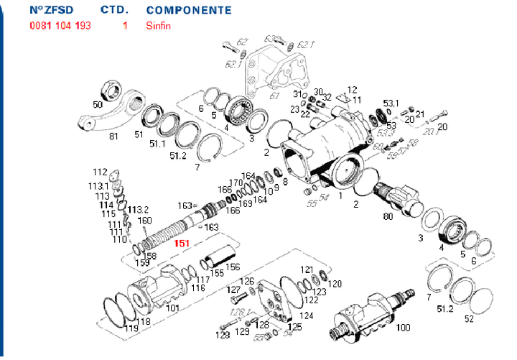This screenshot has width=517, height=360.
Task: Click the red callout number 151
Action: click(x=182, y=244)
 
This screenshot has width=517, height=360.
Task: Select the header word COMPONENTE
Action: click(x=188, y=11)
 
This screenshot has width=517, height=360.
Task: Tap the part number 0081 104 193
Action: click(x=60, y=26)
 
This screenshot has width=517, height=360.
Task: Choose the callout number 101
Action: click(x=173, y=308)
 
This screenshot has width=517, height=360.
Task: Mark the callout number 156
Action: click(x=233, y=267)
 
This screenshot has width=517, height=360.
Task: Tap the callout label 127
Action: click(x=235, y=290)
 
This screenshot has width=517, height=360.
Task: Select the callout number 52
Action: click(x=469, y=318)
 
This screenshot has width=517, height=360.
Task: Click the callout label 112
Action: click(x=99, y=172)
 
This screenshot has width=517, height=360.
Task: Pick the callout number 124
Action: click(x=307, y=315)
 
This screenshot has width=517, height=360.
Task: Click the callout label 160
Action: click(x=144, y=220)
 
